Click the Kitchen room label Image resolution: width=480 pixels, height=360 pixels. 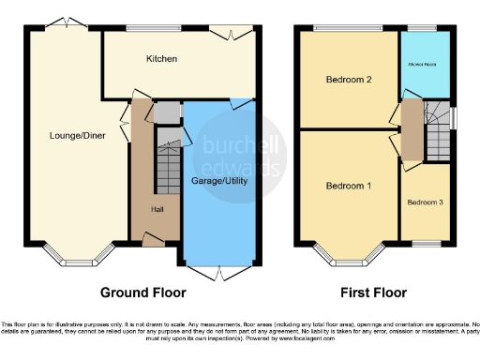tap(161, 59)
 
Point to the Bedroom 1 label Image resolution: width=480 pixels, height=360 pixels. tap(348, 186)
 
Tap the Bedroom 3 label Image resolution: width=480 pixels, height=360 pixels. tap(425, 202)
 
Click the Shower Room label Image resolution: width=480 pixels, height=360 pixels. tap(425, 65)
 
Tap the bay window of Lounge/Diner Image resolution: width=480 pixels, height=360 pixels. tap(79, 256)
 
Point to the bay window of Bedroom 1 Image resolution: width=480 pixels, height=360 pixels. tap(348, 256)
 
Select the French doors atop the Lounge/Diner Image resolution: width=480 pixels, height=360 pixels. tap(64, 23)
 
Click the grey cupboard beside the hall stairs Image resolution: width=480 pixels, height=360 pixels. tap(165, 113)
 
